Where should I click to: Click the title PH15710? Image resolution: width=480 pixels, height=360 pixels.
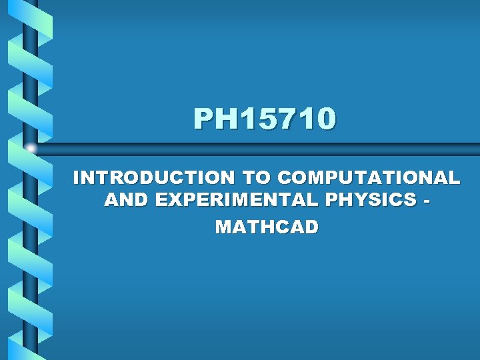point(265,120)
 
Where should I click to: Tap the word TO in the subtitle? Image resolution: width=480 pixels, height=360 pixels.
point(256,178)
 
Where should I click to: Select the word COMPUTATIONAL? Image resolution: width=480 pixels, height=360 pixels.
point(369,178)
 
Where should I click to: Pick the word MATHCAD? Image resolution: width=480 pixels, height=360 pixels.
point(267,227)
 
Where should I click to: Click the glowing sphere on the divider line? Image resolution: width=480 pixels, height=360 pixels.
point(31,147)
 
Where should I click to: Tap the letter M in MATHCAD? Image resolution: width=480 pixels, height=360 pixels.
point(223,227)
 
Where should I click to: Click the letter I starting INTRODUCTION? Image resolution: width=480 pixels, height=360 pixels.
point(76,178)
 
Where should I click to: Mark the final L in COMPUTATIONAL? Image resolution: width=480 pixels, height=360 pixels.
point(454,178)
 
